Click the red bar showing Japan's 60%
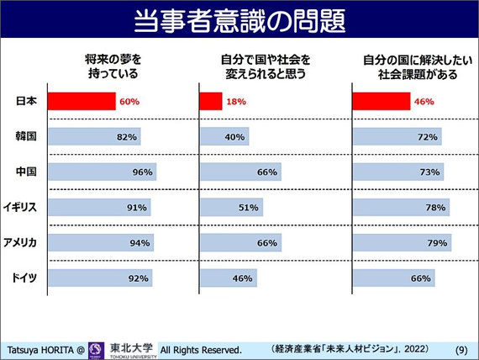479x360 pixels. pos(82,101)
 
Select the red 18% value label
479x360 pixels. pos(236,102)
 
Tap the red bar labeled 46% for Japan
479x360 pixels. pos(382,101)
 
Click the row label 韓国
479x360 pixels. pos(26,136)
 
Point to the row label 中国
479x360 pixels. pos(26,172)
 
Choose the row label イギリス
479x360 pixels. pos(20,207)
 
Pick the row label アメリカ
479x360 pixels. pos(20,242)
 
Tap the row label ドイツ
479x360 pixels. pos(24,278)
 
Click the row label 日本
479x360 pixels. pos(26,101)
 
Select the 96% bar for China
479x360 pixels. pos(103,172)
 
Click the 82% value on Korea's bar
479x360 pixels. pos(127,137)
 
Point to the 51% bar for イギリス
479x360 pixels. pos(232,208)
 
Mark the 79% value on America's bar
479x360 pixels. pos(437,243)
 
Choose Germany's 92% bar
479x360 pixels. pos(101,278)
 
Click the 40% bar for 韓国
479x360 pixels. pos(225,136)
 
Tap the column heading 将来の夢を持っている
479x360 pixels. pos(113,66)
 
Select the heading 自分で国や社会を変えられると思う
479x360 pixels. pos(266,66)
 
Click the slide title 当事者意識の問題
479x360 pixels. pos(240,21)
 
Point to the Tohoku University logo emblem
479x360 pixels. pos(96,351)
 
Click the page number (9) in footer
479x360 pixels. pos(461,350)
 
